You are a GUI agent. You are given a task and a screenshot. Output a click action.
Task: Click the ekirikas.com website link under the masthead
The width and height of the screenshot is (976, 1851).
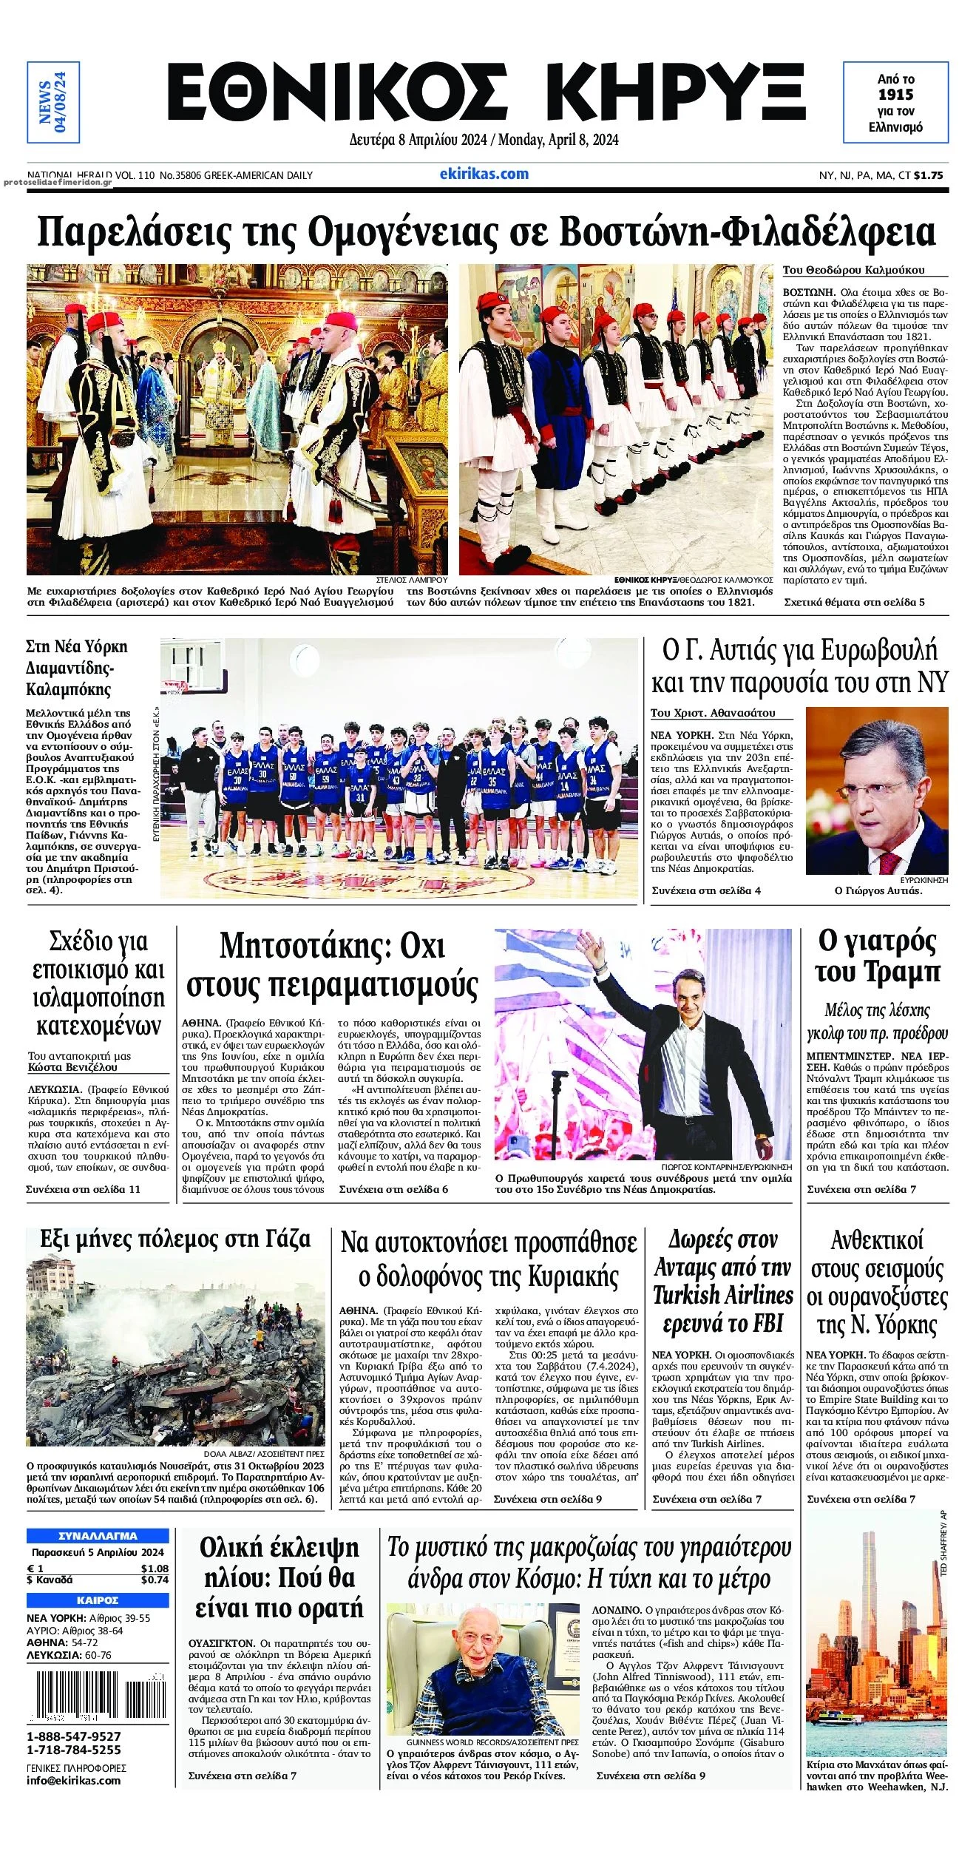484,175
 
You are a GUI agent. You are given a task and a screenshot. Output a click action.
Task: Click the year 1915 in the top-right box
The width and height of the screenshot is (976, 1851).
895,95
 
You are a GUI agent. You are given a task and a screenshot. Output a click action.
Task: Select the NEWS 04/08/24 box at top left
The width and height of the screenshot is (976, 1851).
52,102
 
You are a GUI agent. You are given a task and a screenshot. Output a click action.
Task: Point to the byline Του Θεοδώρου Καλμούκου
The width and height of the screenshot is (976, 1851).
853,270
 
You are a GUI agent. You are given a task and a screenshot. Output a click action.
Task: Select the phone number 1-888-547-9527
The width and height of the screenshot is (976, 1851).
74,1736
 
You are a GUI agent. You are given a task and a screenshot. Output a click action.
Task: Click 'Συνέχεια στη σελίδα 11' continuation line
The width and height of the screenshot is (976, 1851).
84,1189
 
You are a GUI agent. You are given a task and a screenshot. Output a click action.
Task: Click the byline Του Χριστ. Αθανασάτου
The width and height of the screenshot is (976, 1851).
713,713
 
